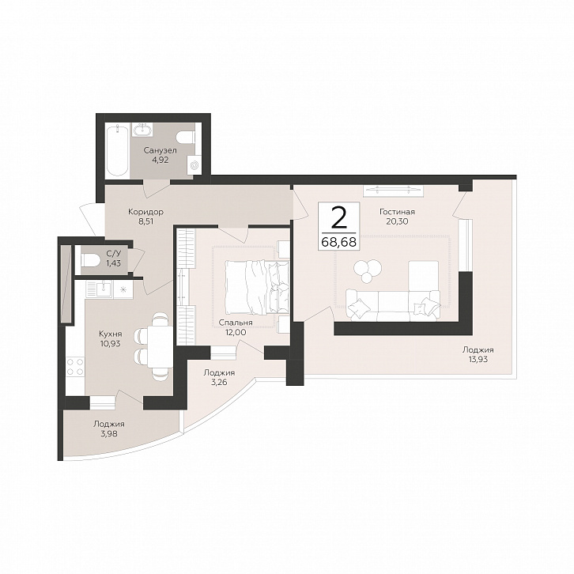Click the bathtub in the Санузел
pyautogui.click(x=117, y=150)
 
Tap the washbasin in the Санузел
pyautogui.click(x=142, y=130)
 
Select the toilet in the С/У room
pyautogui.click(x=89, y=260)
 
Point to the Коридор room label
pyautogui.click(x=145, y=212)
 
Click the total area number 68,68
pyautogui.click(x=339, y=242)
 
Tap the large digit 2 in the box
pyautogui.click(x=339, y=217)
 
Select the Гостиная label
pyautogui.click(x=397, y=212)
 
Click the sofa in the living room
pyautogui.click(x=393, y=305)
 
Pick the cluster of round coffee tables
pyautogui.click(x=368, y=270)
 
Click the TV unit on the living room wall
pyautogui.click(x=394, y=190)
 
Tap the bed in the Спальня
pyautogui.click(x=256, y=287)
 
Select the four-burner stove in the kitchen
pyautogui.click(x=75, y=366)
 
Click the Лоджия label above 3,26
pyautogui.click(x=219, y=372)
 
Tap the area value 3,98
pyautogui.click(x=108, y=434)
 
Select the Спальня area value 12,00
pyautogui.click(x=236, y=332)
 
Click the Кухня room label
pyautogui.click(x=110, y=334)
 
